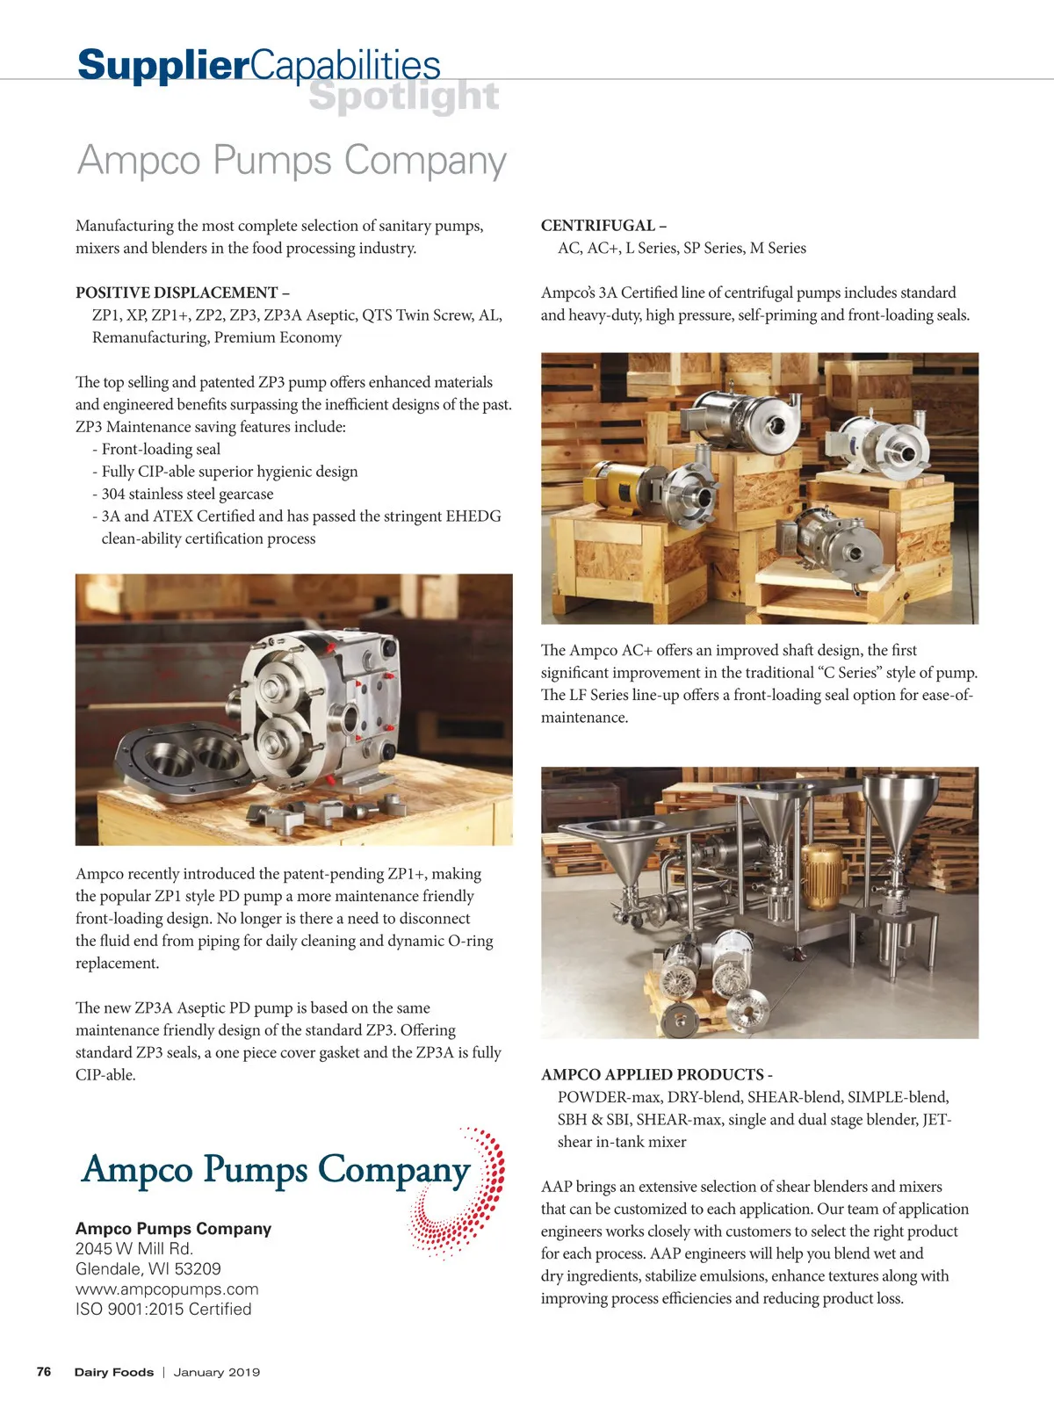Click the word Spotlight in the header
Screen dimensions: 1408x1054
(x=404, y=97)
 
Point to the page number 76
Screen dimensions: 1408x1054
(x=44, y=1372)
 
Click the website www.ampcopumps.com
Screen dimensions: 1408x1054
(x=167, y=1289)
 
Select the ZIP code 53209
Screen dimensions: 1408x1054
(x=198, y=1269)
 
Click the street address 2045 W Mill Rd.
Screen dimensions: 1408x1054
(x=134, y=1249)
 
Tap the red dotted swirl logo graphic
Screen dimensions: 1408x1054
(x=461, y=1195)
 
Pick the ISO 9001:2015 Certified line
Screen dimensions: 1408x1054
(x=163, y=1310)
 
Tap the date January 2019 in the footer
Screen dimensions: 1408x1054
(x=217, y=1372)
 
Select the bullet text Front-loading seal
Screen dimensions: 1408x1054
(x=161, y=450)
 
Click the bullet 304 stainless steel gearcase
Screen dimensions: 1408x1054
(x=187, y=495)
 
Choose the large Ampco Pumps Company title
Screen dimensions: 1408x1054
(x=292, y=161)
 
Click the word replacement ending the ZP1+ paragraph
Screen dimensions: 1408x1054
(x=117, y=964)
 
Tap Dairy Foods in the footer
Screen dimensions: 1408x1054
(x=113, y=1372)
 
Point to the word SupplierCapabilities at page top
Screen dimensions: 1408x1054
(x=258, y=65)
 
